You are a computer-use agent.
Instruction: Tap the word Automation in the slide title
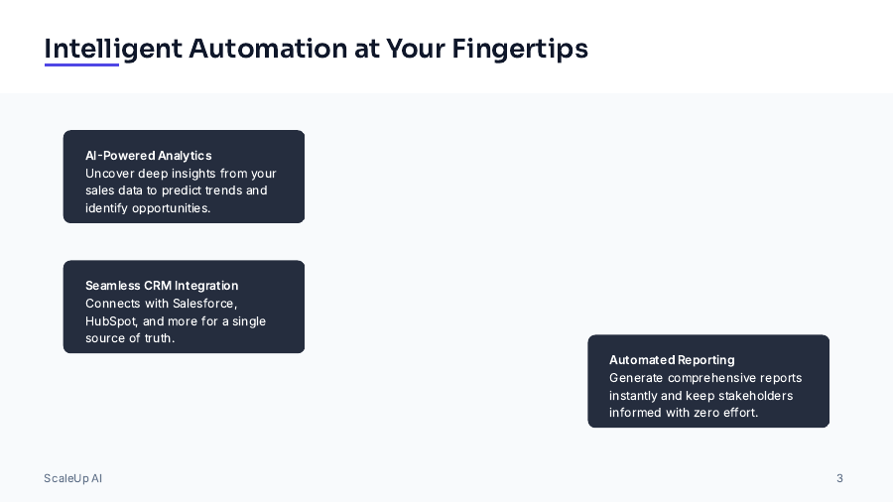click(267, 48)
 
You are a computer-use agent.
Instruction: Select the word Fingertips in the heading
click(520, 48)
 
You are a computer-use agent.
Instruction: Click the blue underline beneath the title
click(81, 65)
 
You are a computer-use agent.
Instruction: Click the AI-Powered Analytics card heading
click(148, 156)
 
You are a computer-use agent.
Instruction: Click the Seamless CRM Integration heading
click(162, 286)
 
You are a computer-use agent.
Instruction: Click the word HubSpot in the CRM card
click(110, 321)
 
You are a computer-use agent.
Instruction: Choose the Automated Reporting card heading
click(672, 360)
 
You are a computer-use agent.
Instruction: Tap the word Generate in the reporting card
click(636, 378)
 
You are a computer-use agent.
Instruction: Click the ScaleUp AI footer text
click(72, 478)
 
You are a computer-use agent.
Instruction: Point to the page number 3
click(839, 478)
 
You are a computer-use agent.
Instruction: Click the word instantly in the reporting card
click(633, 396)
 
